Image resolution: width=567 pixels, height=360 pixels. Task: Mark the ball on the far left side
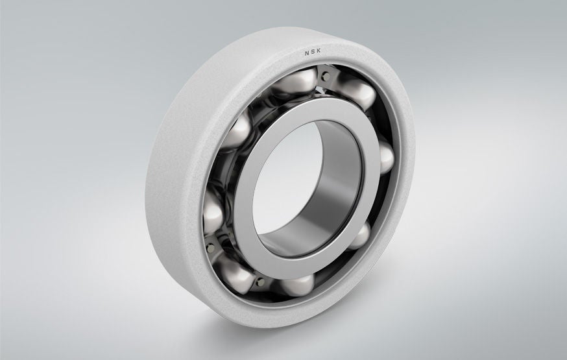point(213,211)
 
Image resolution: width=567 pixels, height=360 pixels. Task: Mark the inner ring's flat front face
point(259,195)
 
